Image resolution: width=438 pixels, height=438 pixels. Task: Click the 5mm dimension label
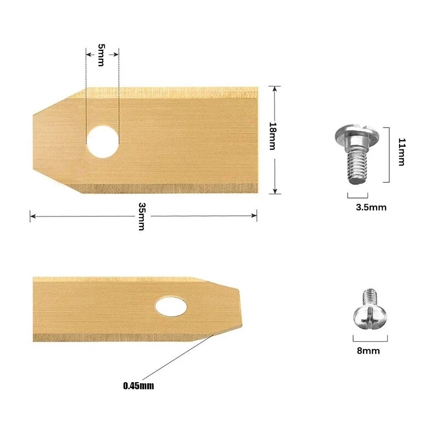pos(101,55)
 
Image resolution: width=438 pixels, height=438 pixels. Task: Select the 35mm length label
pos(142,216)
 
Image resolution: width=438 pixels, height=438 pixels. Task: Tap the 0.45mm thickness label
pos(139,385)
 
